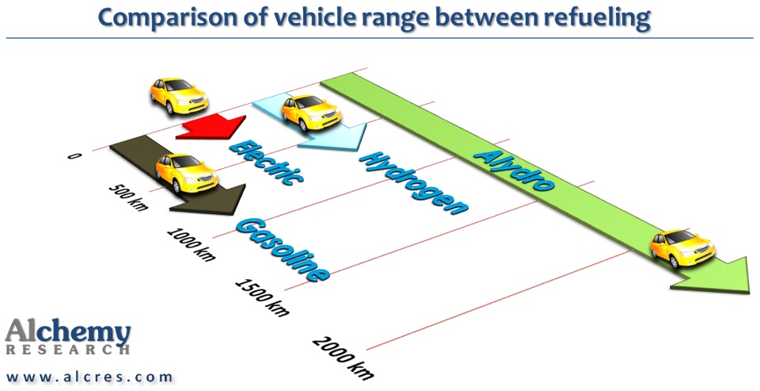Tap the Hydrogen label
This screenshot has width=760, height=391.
412,182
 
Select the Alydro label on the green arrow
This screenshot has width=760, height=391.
515,171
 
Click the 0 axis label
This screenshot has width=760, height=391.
74,156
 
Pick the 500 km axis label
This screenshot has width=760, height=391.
127,197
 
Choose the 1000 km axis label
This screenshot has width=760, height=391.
191,243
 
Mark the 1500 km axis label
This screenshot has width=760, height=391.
260,293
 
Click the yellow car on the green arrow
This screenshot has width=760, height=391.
682,247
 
